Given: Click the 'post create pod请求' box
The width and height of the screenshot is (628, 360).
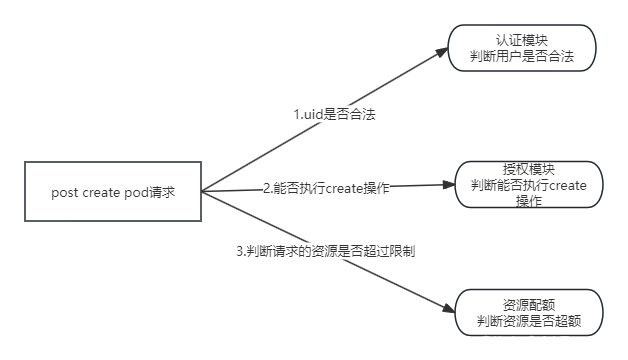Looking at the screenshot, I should click(113, 192).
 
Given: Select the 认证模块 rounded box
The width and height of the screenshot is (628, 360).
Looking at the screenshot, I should click(521, 48).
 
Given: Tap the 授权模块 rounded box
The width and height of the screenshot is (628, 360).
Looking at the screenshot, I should click(528, 185).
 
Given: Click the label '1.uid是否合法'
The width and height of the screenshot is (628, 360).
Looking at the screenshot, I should click(333, 114).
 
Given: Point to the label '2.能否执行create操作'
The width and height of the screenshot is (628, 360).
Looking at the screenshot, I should click(326, 187).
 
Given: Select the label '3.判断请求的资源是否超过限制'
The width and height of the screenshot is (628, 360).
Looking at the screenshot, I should click(325, 251).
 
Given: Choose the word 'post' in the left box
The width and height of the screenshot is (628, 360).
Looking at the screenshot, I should click(64, 192).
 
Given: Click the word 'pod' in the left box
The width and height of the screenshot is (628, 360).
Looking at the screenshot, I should click(138, 192).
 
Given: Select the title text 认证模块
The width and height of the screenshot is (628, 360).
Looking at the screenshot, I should click(521, 39).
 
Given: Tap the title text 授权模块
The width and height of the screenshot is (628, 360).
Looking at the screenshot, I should click(528, 169).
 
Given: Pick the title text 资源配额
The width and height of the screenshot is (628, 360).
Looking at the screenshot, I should click(530, 304).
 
